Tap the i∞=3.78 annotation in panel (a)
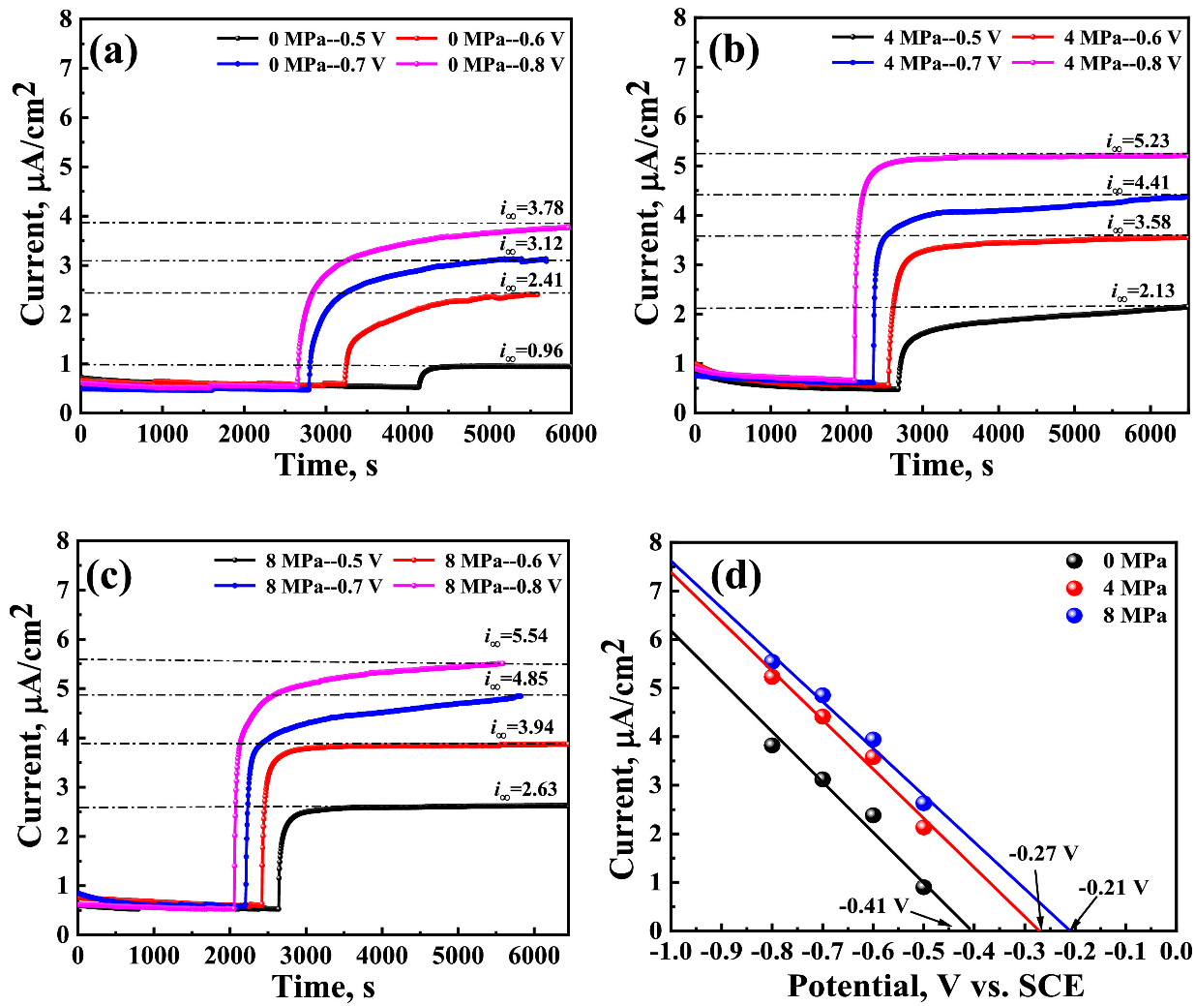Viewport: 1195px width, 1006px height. [x=531, y=208]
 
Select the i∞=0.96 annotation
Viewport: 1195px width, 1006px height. [x=531, y=351]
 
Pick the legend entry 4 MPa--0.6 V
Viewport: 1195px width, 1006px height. [x=1122, y=38]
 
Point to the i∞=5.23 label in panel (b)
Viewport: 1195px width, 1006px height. [x=1138, y=140]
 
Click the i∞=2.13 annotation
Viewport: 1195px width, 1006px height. [x=1143, y=290]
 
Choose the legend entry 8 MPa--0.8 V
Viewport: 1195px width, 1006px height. [x=503, y=586]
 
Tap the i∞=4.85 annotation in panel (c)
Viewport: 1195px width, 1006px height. [x=517, y=679]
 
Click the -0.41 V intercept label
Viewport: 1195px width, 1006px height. [x=874, y=906]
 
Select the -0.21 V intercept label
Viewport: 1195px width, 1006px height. [x=1113, y=887]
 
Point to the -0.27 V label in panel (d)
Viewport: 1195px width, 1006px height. [x=1043, y=854]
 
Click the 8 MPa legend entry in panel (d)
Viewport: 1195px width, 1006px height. [x=1134, y=615]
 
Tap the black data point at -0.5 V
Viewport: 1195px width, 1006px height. [x=923, y=887]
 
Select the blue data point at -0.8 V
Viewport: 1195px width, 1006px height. [x=772, y=661]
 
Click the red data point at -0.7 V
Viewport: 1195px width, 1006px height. [x=822, y=716]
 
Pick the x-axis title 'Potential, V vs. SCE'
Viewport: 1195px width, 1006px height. [x=935, y=986]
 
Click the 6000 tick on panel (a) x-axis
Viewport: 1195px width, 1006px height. [x=571, y=433]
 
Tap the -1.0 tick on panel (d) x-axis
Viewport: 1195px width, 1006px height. [x=671, y=953]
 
